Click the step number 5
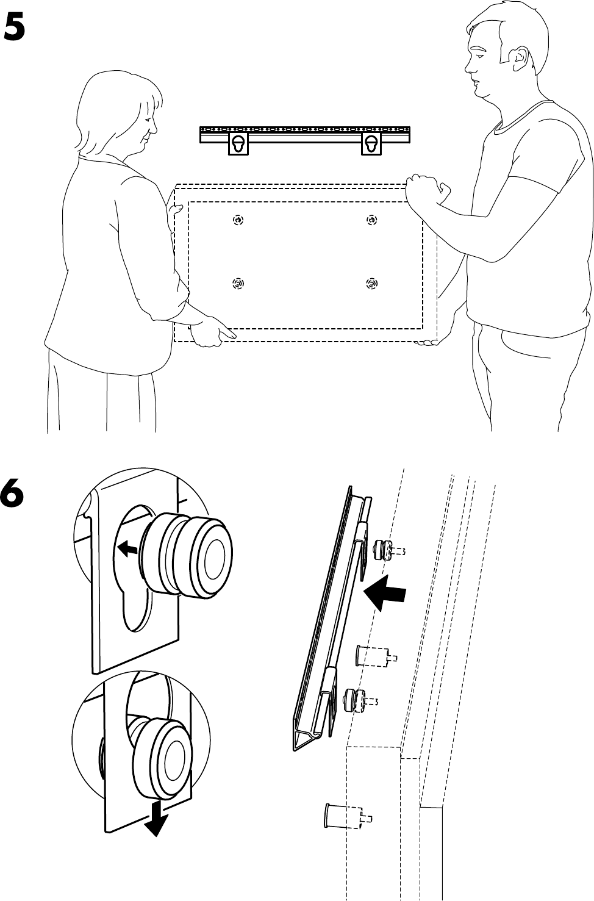[15, 27]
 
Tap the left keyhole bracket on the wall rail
[238, 145]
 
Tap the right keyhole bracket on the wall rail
[371, 145]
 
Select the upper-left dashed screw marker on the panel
[238, 220]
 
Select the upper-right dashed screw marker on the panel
[371, 220]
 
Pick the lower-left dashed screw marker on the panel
[238, 284]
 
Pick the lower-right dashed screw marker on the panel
[371, 284]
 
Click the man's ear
[518, 59]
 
